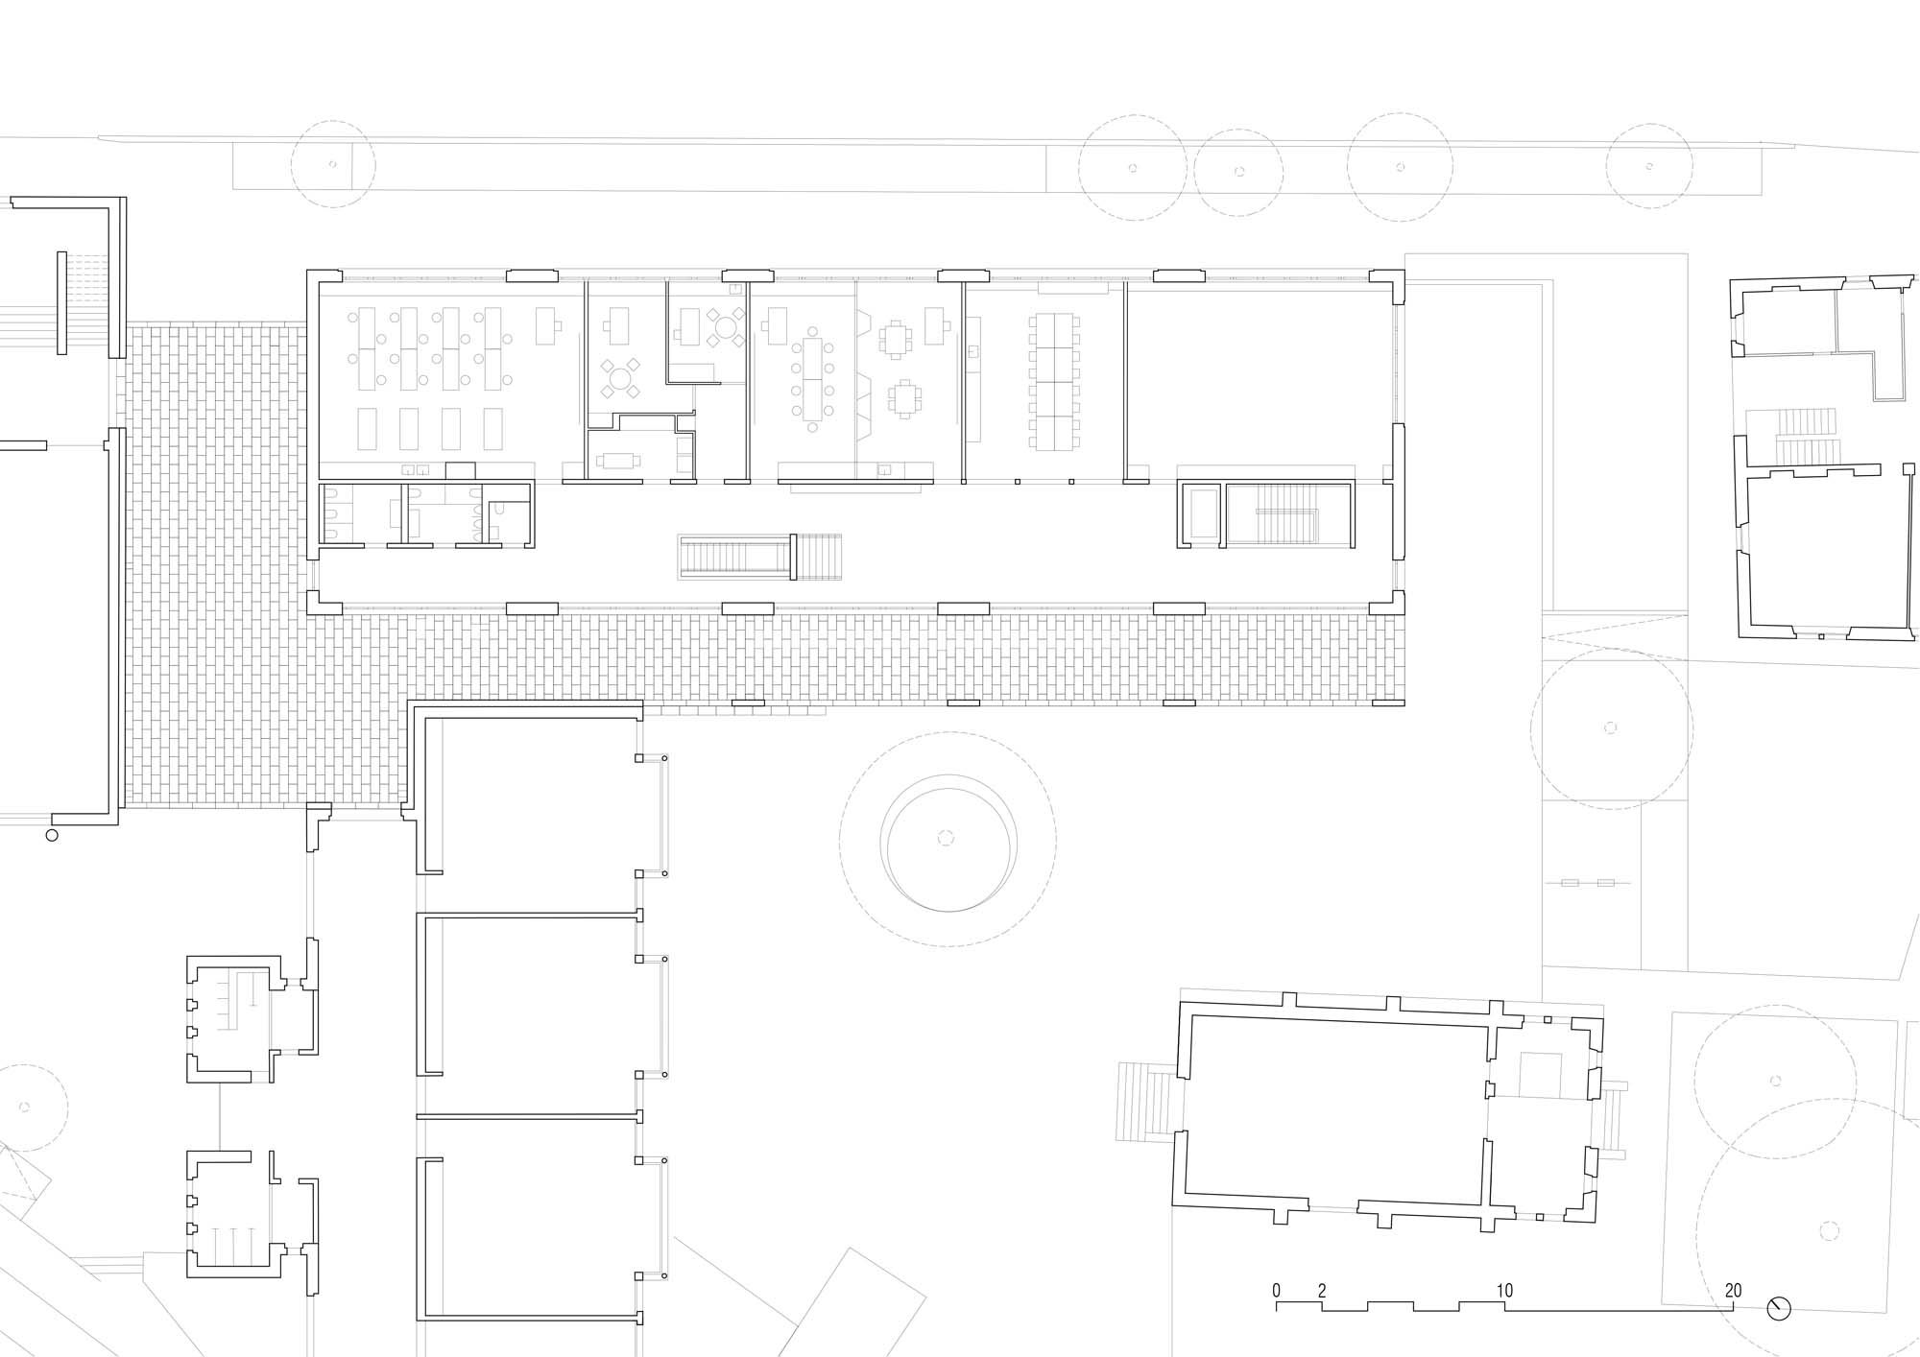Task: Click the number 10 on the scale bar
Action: pyautogui.click(x=1504, y=1291)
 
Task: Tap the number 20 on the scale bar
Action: pyautogui.click(x=1733, y=1291)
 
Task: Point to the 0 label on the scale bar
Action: pyautogui.click(x=1277, y=1291)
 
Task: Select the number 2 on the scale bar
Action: pyautogui.click(x=1322, y=1291)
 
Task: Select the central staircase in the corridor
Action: pyautogui.click(x=760, y=558)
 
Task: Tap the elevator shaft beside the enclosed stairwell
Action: pyautogui.click(x=1200, y=514)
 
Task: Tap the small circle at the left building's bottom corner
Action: pyautogui.click(x=52, y=835)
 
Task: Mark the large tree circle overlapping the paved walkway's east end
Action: pyautogui.click(x=1612, y=728)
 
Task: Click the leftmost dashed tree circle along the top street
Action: pyautogui.click(x=333, y=164)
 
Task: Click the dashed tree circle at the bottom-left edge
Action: pyautogui.click(x=24, y=1107)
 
